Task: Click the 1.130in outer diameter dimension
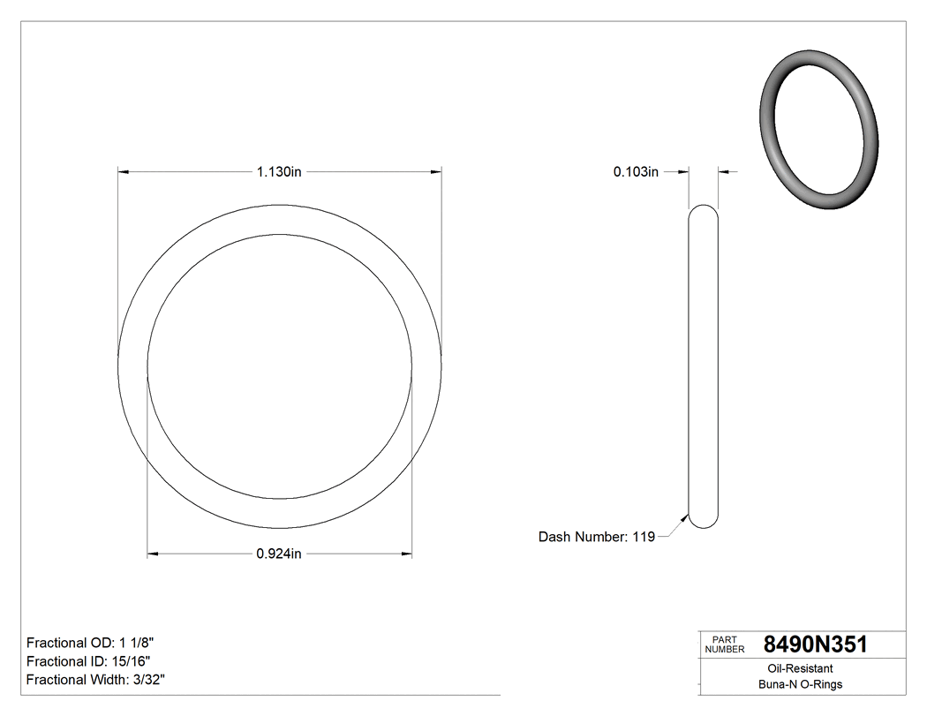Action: [x=279, y=172]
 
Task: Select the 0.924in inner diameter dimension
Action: [x=279, y=554]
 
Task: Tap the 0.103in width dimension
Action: [x=636, y=172]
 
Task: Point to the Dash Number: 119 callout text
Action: [x=597, y=537]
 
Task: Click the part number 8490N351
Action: [x=815, y=644]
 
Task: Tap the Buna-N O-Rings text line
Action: [x=801, y=684]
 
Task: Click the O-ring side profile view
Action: [x=703, y=366]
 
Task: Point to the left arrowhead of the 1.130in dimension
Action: [x=124, y=172]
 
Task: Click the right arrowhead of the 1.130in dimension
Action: [x=435, y=172]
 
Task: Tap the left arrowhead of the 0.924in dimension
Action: [x=153, y=554]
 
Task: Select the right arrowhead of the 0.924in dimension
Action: [x=406, y=554]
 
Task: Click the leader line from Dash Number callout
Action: [x=672, y=528]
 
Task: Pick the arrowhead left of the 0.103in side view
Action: [x=682, y=172]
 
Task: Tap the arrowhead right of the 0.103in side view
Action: [x=724, y=172]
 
